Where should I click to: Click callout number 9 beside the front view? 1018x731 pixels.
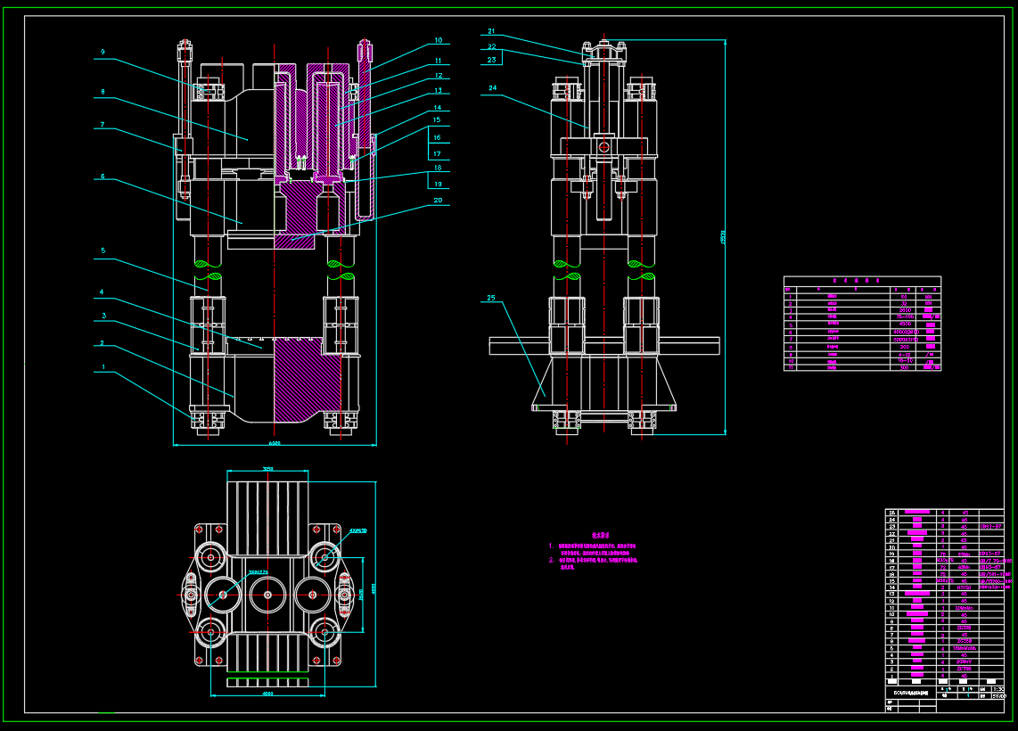tap(103, 53)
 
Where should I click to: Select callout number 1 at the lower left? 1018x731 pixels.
tap(103, 366)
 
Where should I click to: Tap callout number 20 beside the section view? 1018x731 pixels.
tap(438, 201)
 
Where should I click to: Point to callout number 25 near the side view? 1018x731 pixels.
tap(491, 298)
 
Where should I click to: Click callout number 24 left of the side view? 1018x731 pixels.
tap(491, 88)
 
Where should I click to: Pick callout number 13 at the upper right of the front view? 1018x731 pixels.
tap(438, 91)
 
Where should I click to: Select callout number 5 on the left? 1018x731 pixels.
tap(103, 251)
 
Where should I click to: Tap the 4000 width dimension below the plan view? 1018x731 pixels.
tap(267, 694)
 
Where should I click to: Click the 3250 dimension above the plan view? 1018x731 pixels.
tap(267, 469)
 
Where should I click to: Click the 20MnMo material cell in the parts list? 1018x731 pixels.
tap(964, 641)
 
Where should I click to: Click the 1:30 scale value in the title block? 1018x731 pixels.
tap(997, 689)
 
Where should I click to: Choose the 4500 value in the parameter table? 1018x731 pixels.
tap(905, 324)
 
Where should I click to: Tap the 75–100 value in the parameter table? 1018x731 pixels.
tap(905, 316)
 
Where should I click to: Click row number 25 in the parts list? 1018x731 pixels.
tap(891, 513)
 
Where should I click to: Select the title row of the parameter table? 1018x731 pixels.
tap(862, 280)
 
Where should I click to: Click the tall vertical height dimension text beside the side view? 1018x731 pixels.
tap(723, 237)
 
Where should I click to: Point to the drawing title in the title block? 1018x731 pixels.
tap(910, 692)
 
